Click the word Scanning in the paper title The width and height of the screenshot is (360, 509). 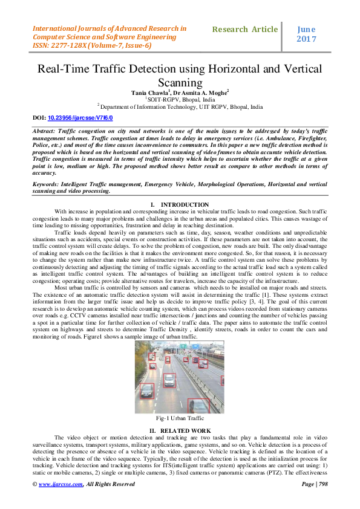point(179,82)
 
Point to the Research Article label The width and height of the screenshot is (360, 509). point(244,29)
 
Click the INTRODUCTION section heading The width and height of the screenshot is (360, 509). point(185,205)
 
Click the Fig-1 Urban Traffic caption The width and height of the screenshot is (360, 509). point(179,418)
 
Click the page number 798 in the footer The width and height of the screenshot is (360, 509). point(324,484)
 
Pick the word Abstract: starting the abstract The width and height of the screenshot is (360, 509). point(48,131)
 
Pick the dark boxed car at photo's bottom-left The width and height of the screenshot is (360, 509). point(146,391)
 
